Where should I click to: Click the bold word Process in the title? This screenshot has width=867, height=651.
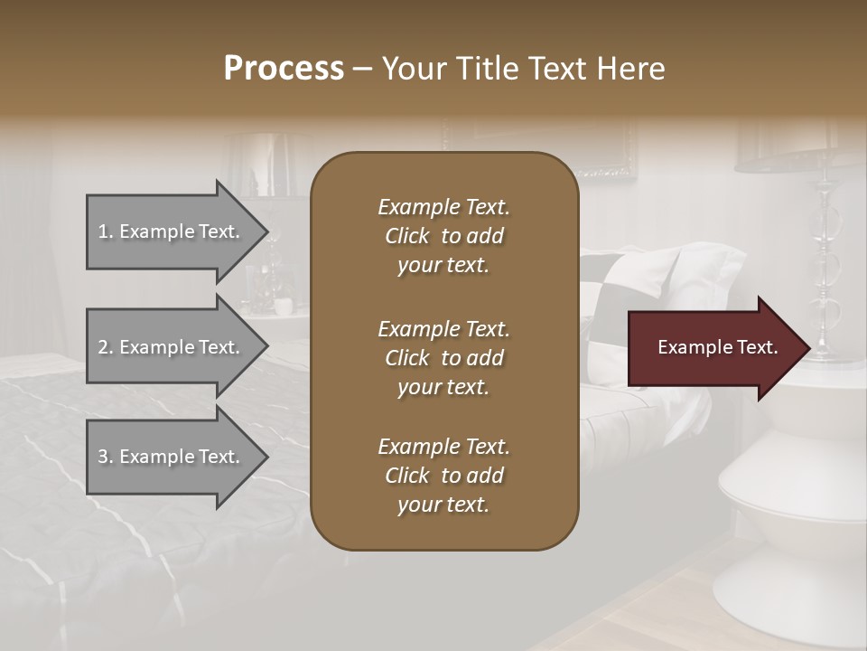[284, 69]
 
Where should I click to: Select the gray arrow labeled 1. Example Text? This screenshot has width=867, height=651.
[172, 231]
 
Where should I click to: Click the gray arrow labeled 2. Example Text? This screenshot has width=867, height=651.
[172, 347]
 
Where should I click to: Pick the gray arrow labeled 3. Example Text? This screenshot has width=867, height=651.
[172, 457]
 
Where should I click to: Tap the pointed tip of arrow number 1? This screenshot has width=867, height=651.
[265, 231]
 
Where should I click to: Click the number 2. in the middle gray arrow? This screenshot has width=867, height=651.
[106, 347]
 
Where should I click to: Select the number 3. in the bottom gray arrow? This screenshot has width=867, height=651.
[106, 457]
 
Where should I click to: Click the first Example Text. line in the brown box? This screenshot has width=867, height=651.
[443, 207]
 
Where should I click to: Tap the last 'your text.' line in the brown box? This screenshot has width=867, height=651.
[443, 505]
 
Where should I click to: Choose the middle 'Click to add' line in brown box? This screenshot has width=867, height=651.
[443, 358]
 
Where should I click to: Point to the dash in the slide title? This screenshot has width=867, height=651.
[363, 69]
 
